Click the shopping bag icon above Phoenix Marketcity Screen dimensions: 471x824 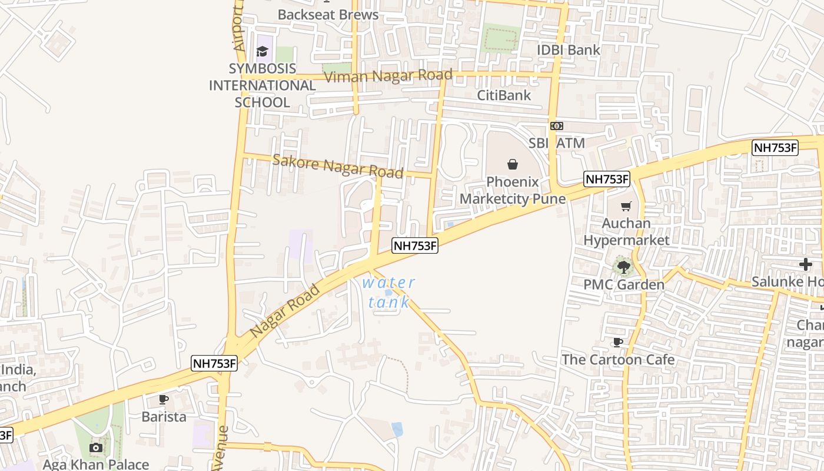coord(512,164)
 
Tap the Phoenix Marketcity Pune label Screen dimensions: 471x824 coord(512,190)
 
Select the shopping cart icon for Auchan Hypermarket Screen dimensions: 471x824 coord(626,206)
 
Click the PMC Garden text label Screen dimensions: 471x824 coord(623,285)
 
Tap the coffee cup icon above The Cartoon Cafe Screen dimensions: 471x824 coord(617,342)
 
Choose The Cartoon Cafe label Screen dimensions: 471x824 coord(617,359)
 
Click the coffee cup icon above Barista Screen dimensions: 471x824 coord(164,399)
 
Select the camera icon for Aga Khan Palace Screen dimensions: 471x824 coord(95,448)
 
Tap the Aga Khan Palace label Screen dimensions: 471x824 coord(95,465)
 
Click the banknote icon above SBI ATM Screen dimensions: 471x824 coord(556,126)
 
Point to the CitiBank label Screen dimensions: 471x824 coord(503,95)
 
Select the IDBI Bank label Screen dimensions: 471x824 coord(568,50)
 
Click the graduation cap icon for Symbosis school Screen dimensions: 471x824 coord(262,52)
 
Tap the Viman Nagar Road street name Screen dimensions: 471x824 coord(388,76)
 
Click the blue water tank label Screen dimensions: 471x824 coord(388,292)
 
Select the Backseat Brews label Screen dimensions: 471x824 coord(328,14)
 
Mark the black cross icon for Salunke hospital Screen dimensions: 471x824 coord(805,264)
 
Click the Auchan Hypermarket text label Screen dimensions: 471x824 coord(626,232)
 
